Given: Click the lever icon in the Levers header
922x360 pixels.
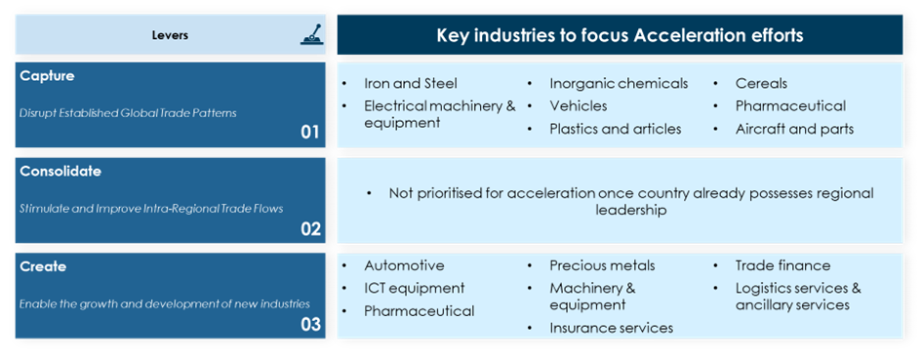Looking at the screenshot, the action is (x=310, y=35).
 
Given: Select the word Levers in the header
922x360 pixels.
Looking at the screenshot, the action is (x=170, y=35).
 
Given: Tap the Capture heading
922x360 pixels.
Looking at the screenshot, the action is (x=47, y=76).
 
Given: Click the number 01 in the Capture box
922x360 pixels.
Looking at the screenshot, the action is (x=310, y=132).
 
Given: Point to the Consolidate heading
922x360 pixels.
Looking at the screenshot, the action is (x=60, y=171).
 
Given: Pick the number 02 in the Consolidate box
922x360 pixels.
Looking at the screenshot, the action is (x=310, y=227).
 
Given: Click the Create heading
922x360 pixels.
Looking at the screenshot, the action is (x=43, y=266).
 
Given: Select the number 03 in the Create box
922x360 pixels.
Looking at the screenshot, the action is (x=310, y=323).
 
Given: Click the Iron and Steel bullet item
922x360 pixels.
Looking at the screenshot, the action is (x=411, y=84).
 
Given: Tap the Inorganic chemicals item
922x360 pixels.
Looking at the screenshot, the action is (x=619, y=84).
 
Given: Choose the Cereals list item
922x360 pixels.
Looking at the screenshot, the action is (x=761, y=84).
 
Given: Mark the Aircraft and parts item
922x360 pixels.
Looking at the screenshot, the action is (x=794, y=129).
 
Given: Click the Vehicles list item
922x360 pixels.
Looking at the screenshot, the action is (x=578, y=106).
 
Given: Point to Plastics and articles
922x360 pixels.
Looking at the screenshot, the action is (x=615, y=129).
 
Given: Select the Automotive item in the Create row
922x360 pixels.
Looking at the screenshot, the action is (x=404, y=265).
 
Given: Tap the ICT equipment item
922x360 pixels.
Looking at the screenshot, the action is (x=414, y=288).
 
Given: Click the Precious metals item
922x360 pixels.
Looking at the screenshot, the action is (x=602, y=265).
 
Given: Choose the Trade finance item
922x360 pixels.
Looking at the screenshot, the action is (x=782, y=265).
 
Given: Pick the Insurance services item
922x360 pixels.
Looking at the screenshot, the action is (x=612, y=328).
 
